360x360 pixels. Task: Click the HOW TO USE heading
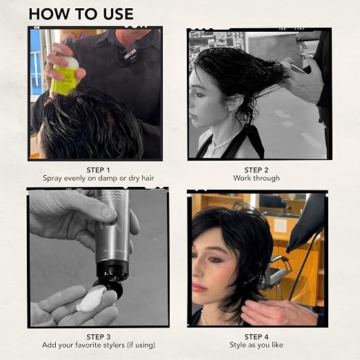tap(81, 14)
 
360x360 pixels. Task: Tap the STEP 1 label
tap(99, 170)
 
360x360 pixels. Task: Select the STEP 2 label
tap(257, 170)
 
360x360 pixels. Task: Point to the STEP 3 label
tap(99, 337)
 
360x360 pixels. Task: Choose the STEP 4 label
tap(257, 337)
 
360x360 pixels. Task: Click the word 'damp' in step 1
tap(108, 179)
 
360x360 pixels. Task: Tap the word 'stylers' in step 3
tap(112, 345)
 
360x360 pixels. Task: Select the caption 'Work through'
tap(257, 178)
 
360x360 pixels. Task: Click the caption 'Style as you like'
tap(257, 345)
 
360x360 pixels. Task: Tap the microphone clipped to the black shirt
tap(128, 55)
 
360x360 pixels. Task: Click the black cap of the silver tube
tap(112, 268)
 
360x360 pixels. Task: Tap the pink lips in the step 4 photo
tap(198, 288)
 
